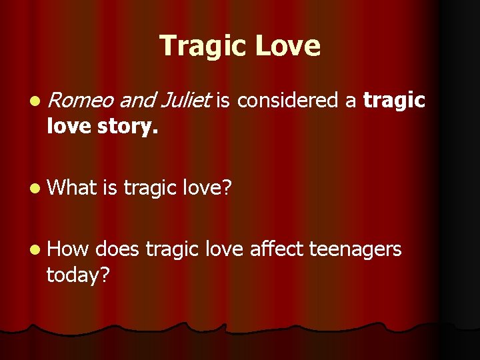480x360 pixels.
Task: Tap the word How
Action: click(69, 249)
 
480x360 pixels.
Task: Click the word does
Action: click(117, 249)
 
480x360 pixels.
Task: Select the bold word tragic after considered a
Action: click(394, 101)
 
